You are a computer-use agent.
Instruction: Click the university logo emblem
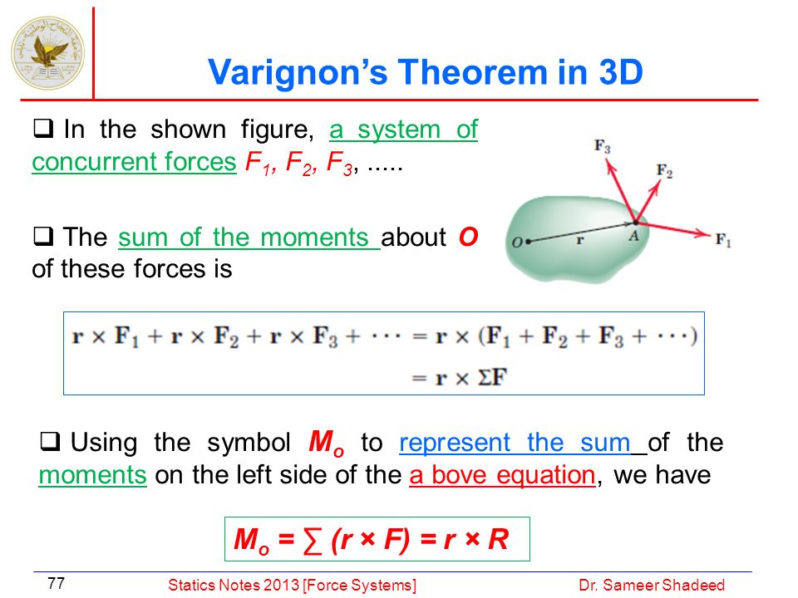(48, 53)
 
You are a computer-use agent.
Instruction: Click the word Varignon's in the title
(298, 72)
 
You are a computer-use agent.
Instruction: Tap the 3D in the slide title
(621, 71)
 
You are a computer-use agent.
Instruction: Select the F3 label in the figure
(602, 146)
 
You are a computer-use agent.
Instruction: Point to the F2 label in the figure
(664, 170)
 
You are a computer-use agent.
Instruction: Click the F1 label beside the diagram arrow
(723, 239)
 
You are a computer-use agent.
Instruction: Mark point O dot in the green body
(528, 242)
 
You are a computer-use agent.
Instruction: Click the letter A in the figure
(633, 235)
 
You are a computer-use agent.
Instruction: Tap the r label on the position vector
(579, 239)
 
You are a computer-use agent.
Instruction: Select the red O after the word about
(468, 237)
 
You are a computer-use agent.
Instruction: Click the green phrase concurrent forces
(135, 162)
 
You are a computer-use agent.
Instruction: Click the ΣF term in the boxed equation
(493, 377)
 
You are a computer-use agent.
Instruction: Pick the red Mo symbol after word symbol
(327, 443)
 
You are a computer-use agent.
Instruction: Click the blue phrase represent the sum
(515, 443)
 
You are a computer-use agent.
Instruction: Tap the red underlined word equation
(546, 475)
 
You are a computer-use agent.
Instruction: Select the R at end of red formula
(498, 539)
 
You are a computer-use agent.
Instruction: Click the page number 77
(56, 583)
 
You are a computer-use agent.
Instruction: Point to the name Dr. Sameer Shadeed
(652, 586)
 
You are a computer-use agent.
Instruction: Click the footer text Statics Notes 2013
(234, 586)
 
